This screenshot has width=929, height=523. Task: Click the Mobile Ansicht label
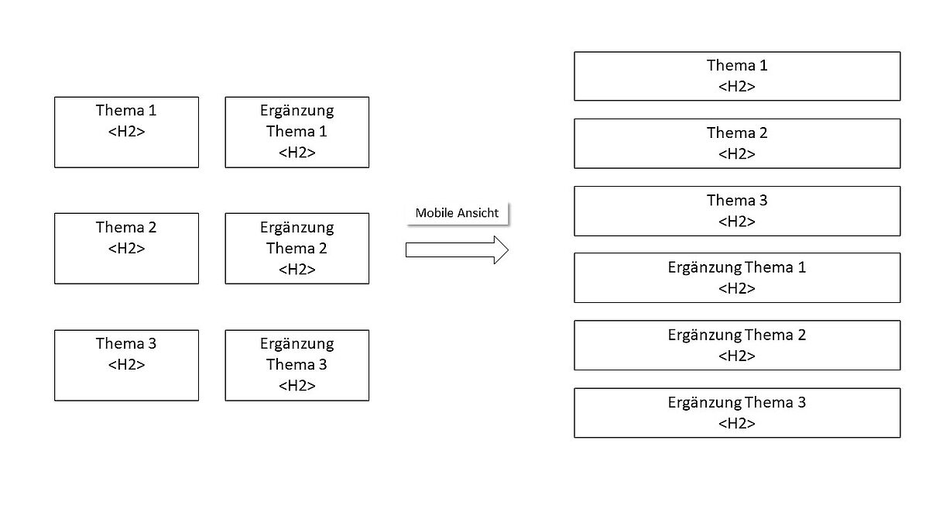point(457,213)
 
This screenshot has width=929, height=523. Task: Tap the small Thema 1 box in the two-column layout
point(126,132)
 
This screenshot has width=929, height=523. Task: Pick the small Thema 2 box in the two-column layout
point(126,249)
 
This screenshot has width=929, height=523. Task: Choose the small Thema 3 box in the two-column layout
point(126,365)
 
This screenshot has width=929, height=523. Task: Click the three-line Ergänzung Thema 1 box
point(297,132)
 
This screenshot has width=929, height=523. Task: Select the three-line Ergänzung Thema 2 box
point(297,249)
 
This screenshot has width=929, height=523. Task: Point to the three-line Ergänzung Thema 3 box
point(297,365)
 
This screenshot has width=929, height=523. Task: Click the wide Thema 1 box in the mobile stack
point(737,76)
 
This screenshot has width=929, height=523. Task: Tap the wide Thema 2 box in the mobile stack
point(737,143)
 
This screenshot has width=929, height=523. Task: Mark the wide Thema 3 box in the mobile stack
point(737,211)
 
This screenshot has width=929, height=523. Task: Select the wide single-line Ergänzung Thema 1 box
point(737,277)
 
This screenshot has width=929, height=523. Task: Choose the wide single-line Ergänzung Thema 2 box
point(737,346)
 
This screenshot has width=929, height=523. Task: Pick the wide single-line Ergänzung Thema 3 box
point(737,413)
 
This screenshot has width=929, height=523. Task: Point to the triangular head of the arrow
point(501,249)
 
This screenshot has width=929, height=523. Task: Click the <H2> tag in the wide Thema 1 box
point(737,86)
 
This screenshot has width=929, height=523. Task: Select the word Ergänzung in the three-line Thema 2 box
point(297,228)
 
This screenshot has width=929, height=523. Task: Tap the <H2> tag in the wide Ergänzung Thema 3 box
point(737,423)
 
